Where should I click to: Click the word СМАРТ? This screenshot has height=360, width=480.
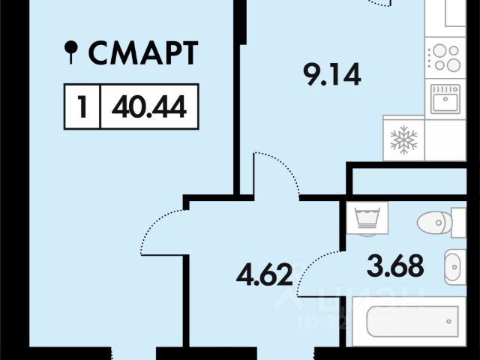143,53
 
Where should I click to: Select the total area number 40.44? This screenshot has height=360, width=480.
148,107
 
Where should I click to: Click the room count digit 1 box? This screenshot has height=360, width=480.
82,107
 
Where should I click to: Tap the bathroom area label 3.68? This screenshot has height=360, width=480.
395,265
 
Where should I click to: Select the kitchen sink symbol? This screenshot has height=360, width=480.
445,98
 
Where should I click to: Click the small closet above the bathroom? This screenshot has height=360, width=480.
412,181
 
